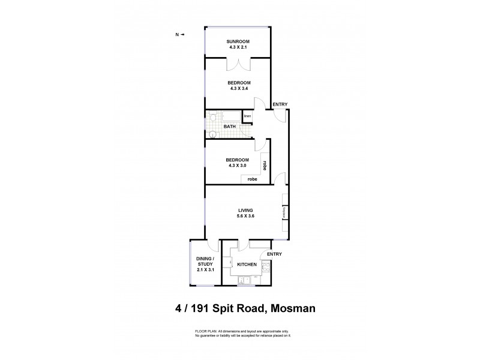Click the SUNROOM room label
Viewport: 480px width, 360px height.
(238, 41)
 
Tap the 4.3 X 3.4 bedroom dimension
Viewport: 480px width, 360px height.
(238, 88)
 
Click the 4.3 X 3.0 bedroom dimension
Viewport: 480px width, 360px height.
(237, 165)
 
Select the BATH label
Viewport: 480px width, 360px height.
(229, 127)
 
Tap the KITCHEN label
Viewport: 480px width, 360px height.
(247, 265)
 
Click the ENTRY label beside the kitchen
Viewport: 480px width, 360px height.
(274, 254)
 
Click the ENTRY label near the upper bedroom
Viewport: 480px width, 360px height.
(280, 105)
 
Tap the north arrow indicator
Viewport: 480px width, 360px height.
(179, 35)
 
